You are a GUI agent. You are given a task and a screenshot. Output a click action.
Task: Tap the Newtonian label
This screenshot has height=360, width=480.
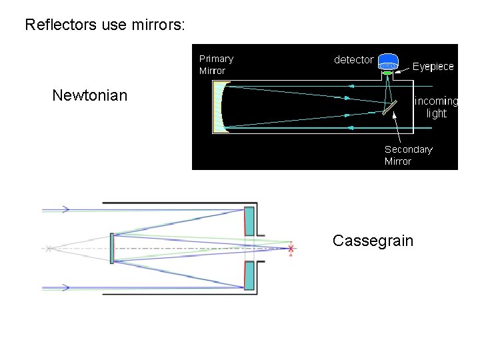(x=89, y=95)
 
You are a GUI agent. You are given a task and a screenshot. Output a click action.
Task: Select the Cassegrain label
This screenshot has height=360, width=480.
(x=373, y=241)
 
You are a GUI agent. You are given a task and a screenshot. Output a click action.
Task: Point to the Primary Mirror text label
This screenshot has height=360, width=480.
(x=216, y=65)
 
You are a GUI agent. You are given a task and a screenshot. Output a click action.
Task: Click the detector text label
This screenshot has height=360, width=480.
(x=353, y=60)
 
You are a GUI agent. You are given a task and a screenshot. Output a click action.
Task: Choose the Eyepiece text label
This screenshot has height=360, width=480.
(x=433, y=67)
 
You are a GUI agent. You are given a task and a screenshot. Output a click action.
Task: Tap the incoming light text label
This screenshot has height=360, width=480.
(x=436, y=107)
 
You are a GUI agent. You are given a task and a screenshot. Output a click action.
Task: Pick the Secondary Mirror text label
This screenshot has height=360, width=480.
(x=408, y=155)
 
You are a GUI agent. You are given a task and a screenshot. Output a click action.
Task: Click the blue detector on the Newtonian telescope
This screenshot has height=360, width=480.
(x=388, y=61)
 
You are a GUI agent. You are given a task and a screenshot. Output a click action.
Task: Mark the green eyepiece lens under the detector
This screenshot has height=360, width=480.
(x=387, y=73)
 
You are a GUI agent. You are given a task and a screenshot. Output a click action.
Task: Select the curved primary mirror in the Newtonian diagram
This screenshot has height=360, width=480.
(x=221, y=106)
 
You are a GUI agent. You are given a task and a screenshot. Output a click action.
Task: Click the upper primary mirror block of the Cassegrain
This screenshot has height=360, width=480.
(x=249, y=221)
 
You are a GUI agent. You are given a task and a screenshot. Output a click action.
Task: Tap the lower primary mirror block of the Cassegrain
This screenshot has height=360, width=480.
(x=249, y=275)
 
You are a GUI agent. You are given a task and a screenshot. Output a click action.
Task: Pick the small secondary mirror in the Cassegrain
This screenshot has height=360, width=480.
(x=112, y=248)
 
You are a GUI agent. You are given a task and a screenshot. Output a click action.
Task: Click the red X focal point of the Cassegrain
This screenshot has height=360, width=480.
(x=290, y=249)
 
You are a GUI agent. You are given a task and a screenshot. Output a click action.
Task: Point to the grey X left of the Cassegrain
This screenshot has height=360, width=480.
(x=49, y=249)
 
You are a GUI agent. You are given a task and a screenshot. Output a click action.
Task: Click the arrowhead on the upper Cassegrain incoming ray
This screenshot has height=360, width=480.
(x=66, y=209)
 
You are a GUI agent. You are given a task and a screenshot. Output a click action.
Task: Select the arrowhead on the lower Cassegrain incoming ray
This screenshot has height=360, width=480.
(x=66, y=287)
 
